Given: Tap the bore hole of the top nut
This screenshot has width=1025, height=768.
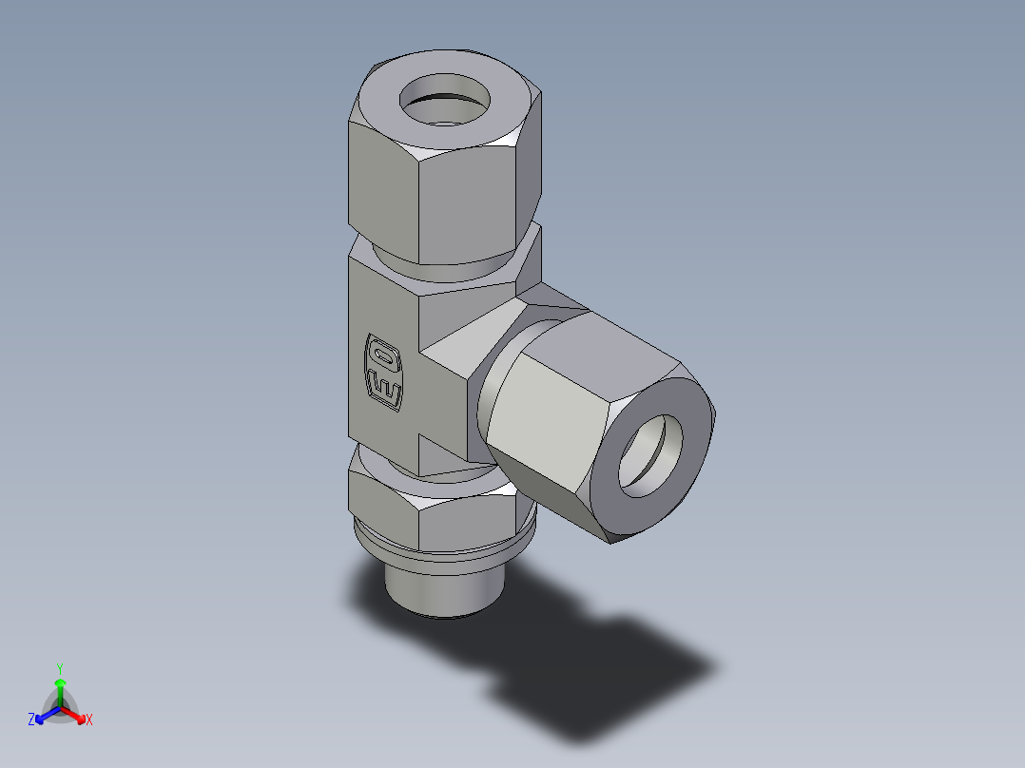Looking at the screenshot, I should pos(444,99).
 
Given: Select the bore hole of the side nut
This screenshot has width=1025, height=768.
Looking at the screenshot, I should pos(651,456).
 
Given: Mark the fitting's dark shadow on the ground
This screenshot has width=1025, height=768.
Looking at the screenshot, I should pos(609,665).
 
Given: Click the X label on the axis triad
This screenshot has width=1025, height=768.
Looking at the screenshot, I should pos(89,720).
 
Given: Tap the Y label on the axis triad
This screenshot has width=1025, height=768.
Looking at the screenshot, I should pos(59,668).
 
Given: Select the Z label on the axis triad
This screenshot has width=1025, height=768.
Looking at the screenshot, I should pos(31,720).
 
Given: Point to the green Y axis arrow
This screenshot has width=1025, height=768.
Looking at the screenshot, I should pos(60,688).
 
